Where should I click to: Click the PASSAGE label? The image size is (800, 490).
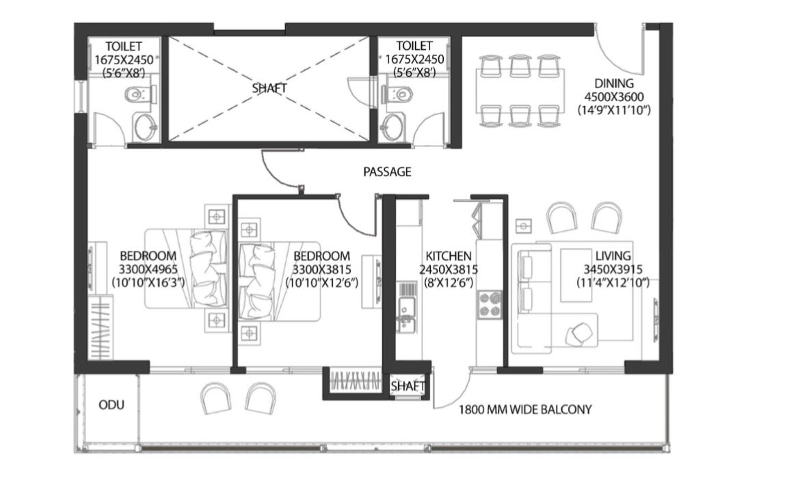[x=387, y=172]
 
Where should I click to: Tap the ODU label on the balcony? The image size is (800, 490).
[x=111, y=405]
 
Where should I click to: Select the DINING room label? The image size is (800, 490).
[x=614, y=83]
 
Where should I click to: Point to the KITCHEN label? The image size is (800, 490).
[x=449, y=256]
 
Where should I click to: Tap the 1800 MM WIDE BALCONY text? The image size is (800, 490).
[x=525, y=409]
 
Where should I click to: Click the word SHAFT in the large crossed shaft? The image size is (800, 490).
[x=269, y=88]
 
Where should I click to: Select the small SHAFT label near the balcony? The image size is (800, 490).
[x=408, y=387]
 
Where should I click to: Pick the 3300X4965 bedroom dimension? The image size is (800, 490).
[x=148, y=269]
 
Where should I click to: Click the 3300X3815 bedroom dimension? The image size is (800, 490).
[x=321, y=269]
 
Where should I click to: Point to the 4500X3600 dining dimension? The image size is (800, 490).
[x=614, y=96]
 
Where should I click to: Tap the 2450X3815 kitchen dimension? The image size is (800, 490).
[x=449, y=269]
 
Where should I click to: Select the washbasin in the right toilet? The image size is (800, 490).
[x=393, y=126]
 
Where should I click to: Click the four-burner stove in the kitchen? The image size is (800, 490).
[x=490, y=304]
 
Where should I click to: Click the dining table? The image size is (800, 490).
[x=520, y=91]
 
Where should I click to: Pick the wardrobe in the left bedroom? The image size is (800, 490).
[x=100, y=327]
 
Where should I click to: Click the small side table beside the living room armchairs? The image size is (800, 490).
[x=524, y=226]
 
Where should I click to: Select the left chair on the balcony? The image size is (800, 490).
[x=215, y=398]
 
